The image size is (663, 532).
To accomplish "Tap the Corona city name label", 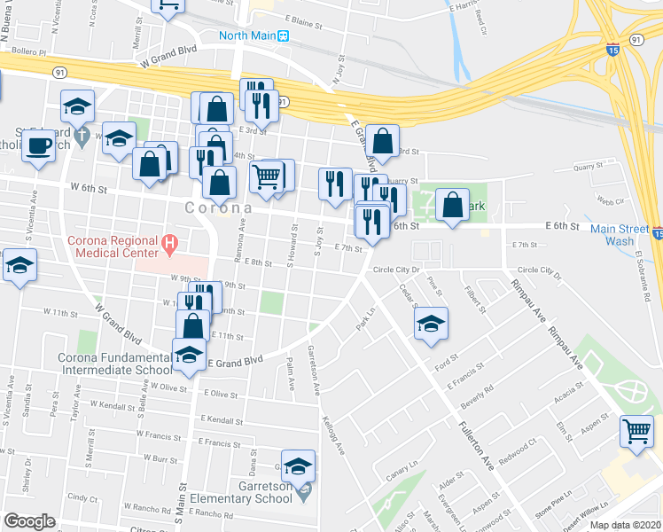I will [218, 207].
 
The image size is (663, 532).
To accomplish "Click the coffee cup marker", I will [38, 146].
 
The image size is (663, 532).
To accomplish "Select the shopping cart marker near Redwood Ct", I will [636, 432].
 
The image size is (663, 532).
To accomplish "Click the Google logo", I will [29, 520].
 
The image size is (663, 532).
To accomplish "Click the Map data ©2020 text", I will [626, 524].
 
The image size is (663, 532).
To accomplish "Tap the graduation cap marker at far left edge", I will [18, 266].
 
